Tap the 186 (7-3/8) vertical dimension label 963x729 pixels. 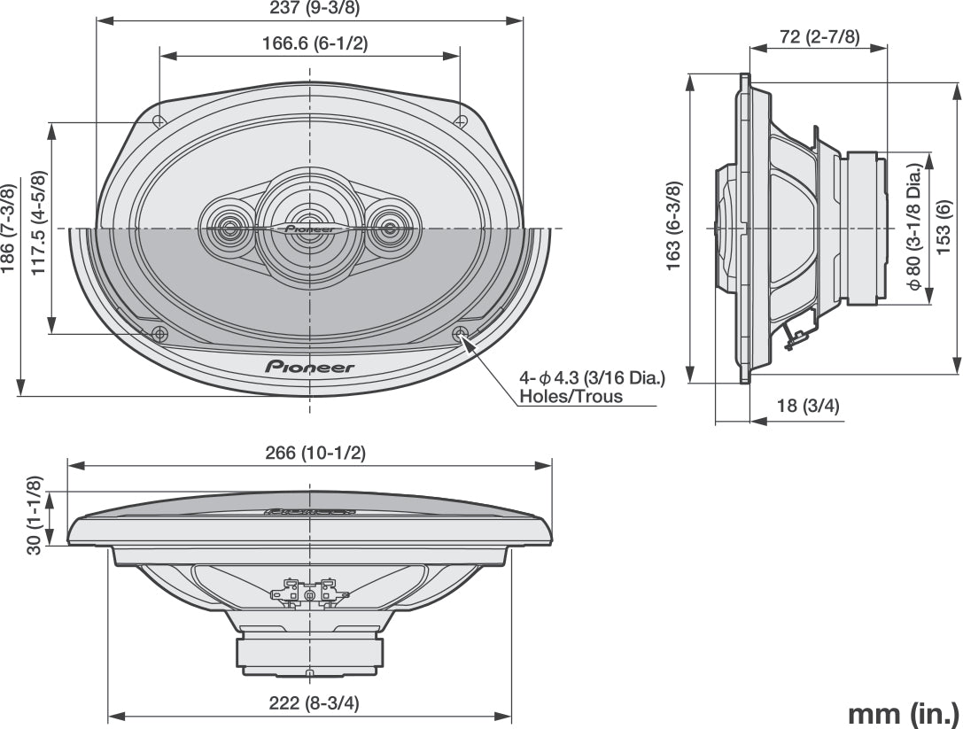coord(9,229)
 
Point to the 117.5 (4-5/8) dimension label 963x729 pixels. coord(39,221)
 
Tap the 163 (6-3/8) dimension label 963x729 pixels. coord(675,224)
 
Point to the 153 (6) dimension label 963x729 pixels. coord(944,221)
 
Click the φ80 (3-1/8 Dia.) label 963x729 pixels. coord(913,228)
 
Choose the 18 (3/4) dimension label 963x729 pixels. coord(808,406)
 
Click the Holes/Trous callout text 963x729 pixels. coord(571,397)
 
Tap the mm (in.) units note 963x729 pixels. coord(903,713)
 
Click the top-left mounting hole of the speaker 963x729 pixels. coord(159,121)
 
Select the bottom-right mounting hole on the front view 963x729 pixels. coord(460,334)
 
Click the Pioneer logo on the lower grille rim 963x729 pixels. coord(310,366)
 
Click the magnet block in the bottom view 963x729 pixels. coord(310,652)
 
